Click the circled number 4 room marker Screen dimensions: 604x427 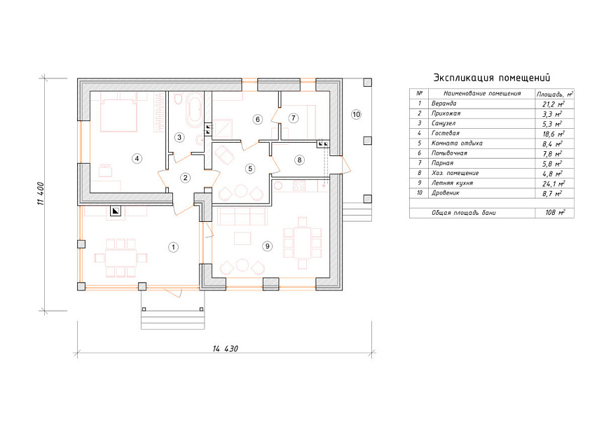(x=137, y=158)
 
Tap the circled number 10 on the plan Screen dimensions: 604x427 (x=356, y=114)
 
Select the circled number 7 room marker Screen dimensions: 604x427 (x=294, y=118)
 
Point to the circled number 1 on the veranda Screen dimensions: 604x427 (x=173, y=247)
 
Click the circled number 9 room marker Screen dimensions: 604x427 (x=268, y=246)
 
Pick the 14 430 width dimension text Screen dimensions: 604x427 (x=226, y=349)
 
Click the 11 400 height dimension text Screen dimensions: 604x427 (x=41, y=193)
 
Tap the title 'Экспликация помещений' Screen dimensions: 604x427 (x=492, y=78)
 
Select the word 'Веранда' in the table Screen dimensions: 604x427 (x=444, y=104)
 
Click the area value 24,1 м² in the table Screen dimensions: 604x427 (x=554, y=183)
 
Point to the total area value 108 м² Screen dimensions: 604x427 (x=555, y=212)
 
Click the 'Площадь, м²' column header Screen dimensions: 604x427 (x=555, y=94)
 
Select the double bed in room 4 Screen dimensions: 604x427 (x=118, y=113)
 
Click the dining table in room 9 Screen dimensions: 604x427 (x=303, y=243)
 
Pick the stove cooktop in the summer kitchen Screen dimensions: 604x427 (x=299, y=185)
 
